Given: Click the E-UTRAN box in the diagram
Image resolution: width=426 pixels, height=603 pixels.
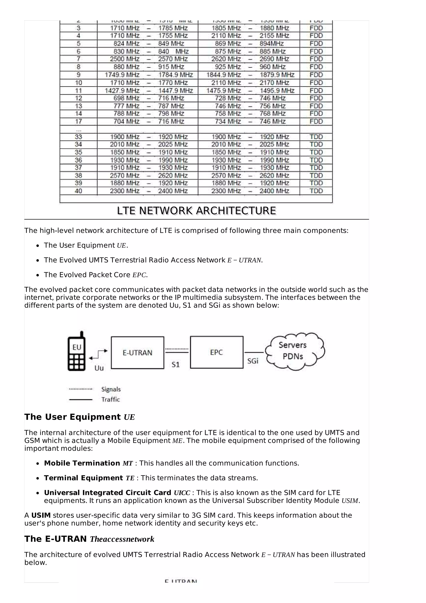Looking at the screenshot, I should click(137, 352).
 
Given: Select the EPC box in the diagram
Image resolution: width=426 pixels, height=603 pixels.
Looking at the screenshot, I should click(217, 352).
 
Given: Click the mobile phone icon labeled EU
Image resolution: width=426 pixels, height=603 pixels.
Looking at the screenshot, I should click(76, 352).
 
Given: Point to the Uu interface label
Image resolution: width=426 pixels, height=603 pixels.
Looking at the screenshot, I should click(99, 368).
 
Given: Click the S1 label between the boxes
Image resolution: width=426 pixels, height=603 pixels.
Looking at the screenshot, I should click(176, 365).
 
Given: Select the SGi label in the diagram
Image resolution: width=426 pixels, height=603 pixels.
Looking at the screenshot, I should click(253, 361).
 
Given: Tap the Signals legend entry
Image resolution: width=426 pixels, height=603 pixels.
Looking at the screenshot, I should click(111, 389).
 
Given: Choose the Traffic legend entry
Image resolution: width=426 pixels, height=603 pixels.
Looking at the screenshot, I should click(110, 400).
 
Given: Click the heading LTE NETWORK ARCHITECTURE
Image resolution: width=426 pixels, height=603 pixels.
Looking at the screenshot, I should click(196, 211).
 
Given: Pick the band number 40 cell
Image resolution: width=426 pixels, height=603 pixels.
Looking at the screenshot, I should click(78, 191).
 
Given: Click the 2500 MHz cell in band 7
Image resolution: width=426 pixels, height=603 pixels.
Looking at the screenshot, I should click(124, 59).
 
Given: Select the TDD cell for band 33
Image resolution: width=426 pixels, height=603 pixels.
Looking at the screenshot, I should click(316, 137).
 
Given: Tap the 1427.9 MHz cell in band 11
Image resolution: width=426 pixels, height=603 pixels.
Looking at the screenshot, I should click(122, 91).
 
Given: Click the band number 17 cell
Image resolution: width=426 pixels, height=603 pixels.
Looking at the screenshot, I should click(78, 121).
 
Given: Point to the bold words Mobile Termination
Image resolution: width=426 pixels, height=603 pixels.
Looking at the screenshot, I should click(82, 463).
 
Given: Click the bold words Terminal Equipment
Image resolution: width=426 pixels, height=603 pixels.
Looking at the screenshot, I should click(83, 478).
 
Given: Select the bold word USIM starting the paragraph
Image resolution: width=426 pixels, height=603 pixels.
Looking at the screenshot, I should click(41, 515).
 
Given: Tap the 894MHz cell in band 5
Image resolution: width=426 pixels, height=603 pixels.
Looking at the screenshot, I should click(271, 44).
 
